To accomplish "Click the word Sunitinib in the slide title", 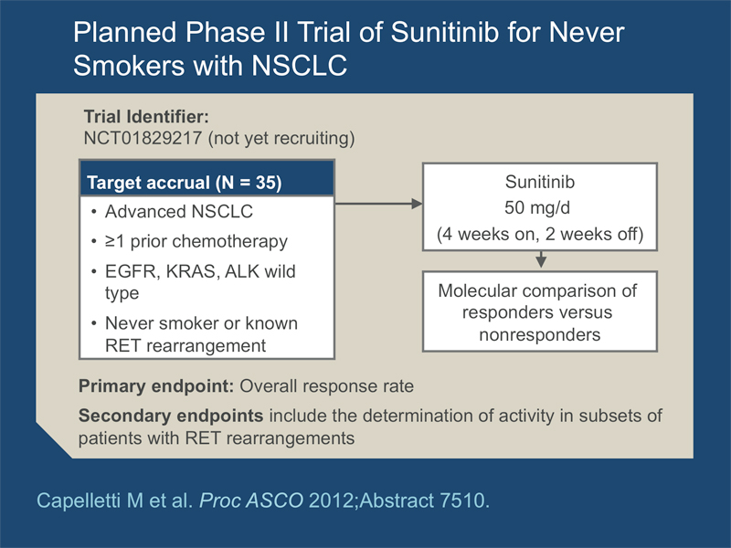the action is coord(444,33).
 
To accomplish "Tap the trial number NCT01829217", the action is coord(143,138).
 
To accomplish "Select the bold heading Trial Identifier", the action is coord(146,117).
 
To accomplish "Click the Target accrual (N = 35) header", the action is coord(185,183).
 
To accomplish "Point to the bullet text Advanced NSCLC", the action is coord(179,212).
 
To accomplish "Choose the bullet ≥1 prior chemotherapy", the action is coord(196,241).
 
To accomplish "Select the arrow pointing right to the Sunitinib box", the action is coord(378,204).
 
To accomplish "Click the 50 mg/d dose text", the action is coord(537,207).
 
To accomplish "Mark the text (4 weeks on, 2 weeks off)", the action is coord(540,234).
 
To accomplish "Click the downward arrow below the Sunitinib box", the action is coord(541,259).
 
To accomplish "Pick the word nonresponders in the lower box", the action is coord(540,334).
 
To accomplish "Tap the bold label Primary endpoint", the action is coord(156,386).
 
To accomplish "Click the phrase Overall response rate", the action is coord(327,386).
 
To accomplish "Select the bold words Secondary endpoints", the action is coord(171,416).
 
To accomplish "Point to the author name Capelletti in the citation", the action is coord(79,501).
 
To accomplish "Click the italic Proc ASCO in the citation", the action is coord(251,501).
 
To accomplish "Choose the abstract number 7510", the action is coord(465,501).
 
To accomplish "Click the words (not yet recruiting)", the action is coord(281,139).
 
